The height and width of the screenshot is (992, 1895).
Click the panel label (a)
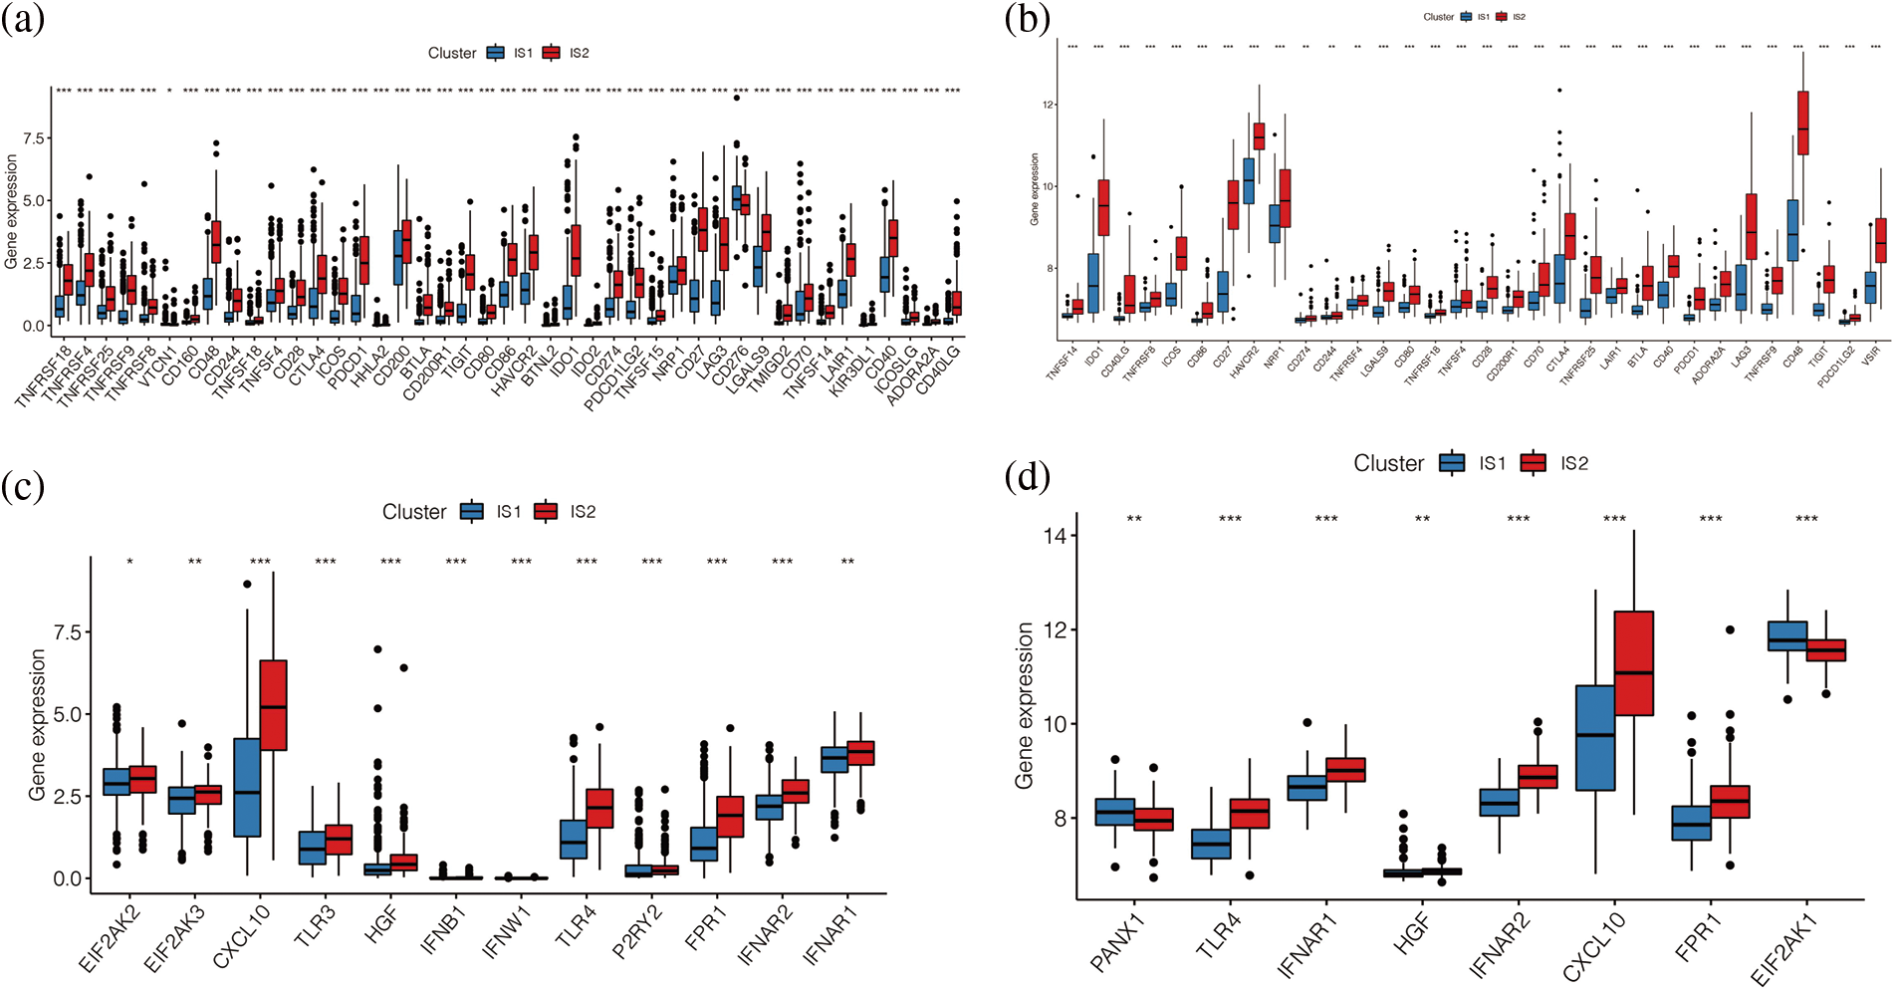pyautogui.click(x=23, y=19)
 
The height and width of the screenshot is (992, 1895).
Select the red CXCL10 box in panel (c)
pyautogui.click(x=273, y=704)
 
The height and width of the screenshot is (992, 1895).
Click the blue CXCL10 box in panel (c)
pyautogui.click(x=247, y=787)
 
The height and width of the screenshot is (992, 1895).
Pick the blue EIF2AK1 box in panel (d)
pyautogui.click(x=1787, y=636)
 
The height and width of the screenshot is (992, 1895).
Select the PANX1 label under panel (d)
pyautogui.click(x=1118, y=942)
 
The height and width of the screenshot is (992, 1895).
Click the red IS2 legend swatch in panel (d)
pyautogui.click(x=1534, y=463)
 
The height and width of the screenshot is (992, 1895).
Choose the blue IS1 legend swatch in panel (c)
pyautogui.click(x=472, y=512)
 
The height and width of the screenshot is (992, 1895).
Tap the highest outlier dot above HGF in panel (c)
pyautogui.click(x=378, y=649)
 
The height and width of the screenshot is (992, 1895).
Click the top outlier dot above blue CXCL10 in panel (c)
pyautogui.click(x=247, y=585)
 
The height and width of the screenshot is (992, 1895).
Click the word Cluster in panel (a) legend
pyautogui.click(x=452, y=53)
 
